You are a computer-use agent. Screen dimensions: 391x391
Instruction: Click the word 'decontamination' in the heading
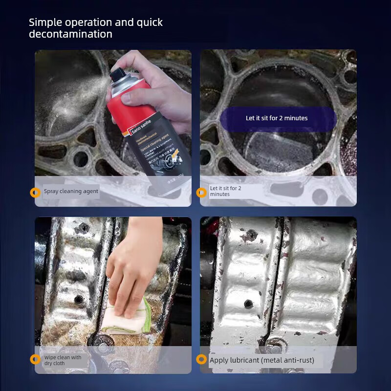point(70,34)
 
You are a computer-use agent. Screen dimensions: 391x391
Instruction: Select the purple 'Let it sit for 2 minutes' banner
point(277,118)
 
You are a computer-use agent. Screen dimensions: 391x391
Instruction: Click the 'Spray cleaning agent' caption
point(71,191)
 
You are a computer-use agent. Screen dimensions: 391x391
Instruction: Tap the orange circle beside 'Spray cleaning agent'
point(35,192)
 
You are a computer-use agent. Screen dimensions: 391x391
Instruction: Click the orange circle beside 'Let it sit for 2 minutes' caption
point(201,192)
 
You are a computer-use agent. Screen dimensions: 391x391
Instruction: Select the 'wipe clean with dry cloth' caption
point(63,360)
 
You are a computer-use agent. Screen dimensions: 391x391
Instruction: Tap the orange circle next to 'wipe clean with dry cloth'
point(35,360)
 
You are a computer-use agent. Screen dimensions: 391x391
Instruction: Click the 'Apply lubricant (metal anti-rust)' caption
point(262,361)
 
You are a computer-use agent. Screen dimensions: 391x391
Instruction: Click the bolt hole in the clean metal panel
point(249,304)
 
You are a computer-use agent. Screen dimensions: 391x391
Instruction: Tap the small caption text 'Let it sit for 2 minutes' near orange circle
point(225,191)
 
